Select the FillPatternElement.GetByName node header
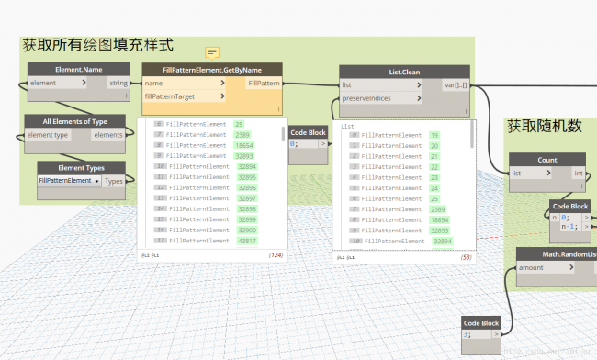click(x=213, y=69)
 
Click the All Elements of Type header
click(x=75, y=120)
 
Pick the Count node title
click(x=546, y=160)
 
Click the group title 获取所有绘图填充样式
click(x=97, y=44)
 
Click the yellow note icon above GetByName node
click(x=212, y=51)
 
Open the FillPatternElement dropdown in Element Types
click(x=70, y=181)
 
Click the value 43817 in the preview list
click(x=246, y=241)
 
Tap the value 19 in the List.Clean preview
click(x=434, y=135)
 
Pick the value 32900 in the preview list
click(x=247, y=230)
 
